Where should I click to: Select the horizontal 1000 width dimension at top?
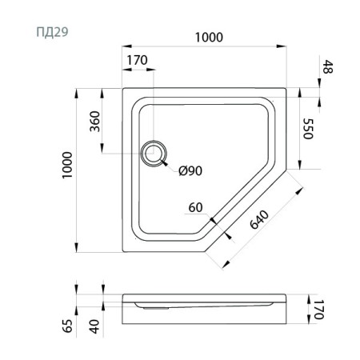coord(206,38)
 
